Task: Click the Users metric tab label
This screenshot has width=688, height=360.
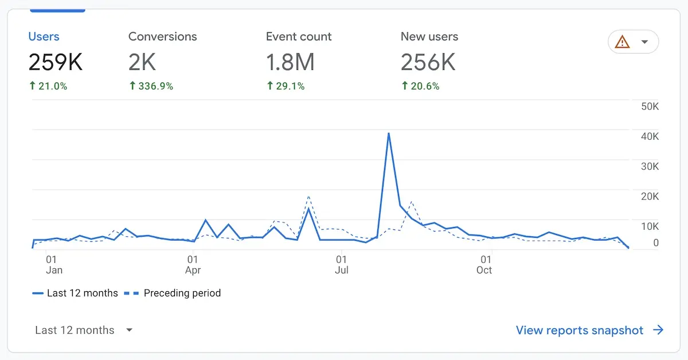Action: click(x=44, y=37)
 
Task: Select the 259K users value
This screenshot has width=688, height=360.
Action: click(x=56, y=62)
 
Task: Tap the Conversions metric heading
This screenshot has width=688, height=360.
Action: click(x=162, y=37)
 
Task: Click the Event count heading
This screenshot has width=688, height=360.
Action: click(x=299, y=37)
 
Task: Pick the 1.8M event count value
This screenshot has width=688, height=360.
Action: click(x=290, y=62)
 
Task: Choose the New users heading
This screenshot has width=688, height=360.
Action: click(x=429, y=37)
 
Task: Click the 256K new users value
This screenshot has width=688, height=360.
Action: click(x=428, y=62)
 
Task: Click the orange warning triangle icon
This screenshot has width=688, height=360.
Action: click(x=622, y=42)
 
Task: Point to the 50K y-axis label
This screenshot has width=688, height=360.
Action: click(x=650, y=107)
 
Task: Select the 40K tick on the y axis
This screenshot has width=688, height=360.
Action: click(x=650, y=136)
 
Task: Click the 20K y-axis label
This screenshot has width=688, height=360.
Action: click(x=650, y=197)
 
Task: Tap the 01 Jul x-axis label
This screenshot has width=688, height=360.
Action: click(x=342, y=264)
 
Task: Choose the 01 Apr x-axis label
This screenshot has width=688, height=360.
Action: click(x=193, y=264)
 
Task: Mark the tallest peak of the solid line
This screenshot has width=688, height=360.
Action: click(x=389, y=134)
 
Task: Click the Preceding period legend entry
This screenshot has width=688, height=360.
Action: click(x=182, y=294)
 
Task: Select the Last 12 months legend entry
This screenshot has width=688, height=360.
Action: click(x=82, y=294)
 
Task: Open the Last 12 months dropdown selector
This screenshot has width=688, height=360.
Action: click(x=84, y=330)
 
